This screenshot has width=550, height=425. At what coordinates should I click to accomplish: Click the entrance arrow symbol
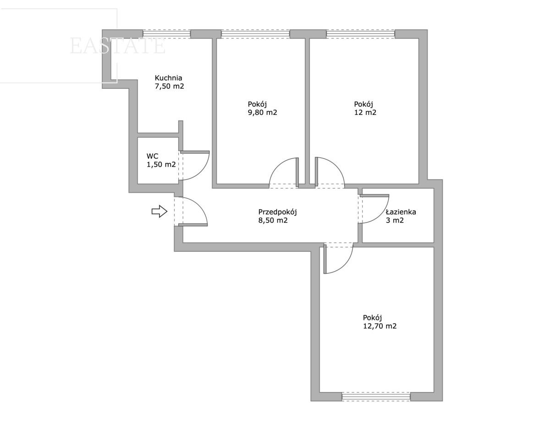[x=159, y=211]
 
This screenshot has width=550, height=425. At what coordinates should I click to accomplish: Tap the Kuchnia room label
[x=168, y=77]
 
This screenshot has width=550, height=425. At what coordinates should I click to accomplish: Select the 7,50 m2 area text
[x=169, y=86]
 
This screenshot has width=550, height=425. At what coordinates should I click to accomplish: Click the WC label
[x=152, y=156]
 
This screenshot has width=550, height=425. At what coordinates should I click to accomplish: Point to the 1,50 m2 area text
[x=161, y=164]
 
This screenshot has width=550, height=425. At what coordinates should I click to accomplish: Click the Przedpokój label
[x=277, y=212]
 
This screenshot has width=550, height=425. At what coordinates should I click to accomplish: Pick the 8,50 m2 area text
[x=273, y=220]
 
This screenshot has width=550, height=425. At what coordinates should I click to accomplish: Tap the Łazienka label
[x=401, y=212]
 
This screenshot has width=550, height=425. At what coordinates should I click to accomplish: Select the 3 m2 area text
[x=395, y=220]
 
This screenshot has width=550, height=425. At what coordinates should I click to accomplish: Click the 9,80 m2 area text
[x=263, y=112]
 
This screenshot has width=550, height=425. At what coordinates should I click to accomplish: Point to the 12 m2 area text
[x=365, y=112]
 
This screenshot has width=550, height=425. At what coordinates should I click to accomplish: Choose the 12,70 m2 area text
[x=379, y=326]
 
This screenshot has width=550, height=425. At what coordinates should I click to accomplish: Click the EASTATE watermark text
[x=117, y=46]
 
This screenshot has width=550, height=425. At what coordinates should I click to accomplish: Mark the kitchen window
[x=166, y=34]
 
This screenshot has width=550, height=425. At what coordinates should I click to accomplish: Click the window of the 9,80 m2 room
[x=255, y=34]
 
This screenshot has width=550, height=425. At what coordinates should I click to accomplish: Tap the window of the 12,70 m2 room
[x=376, y=397]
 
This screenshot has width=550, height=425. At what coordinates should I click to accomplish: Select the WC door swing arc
[x=203, y=170]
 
